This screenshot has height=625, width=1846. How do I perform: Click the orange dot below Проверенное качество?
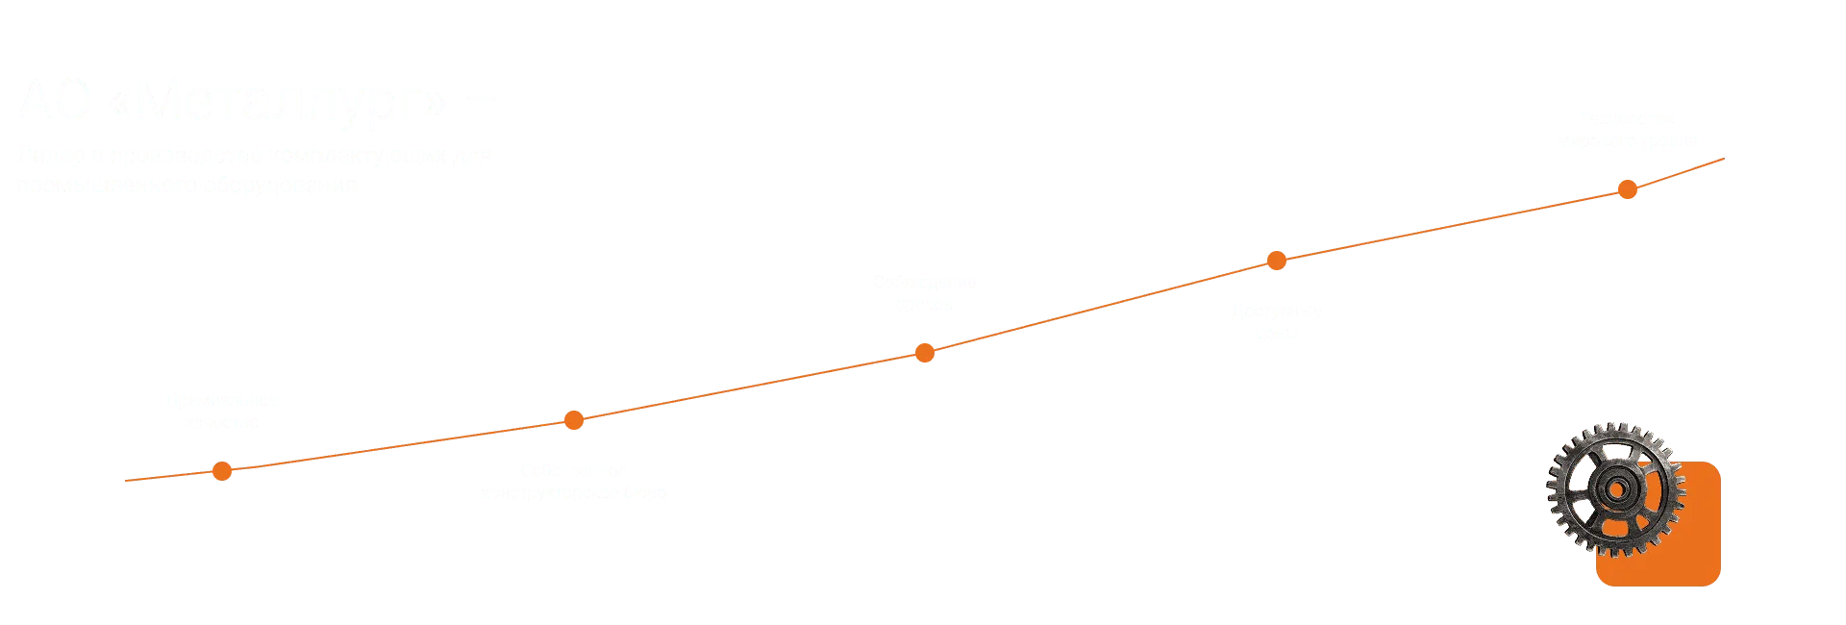coord(222,471)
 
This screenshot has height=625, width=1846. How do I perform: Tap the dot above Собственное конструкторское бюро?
coord(574,420)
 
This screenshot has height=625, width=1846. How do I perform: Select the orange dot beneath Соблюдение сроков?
coord(925,353)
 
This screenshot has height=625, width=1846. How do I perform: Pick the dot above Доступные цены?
coord(1277,261)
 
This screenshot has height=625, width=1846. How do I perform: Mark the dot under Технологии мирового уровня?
coord(1627,189)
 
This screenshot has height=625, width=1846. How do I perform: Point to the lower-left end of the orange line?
coord(126,481)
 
